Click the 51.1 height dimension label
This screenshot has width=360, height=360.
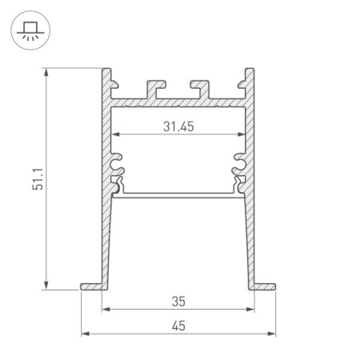[26, 178]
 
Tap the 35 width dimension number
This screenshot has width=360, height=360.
[178, 302]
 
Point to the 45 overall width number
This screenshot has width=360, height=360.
[178, 325]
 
